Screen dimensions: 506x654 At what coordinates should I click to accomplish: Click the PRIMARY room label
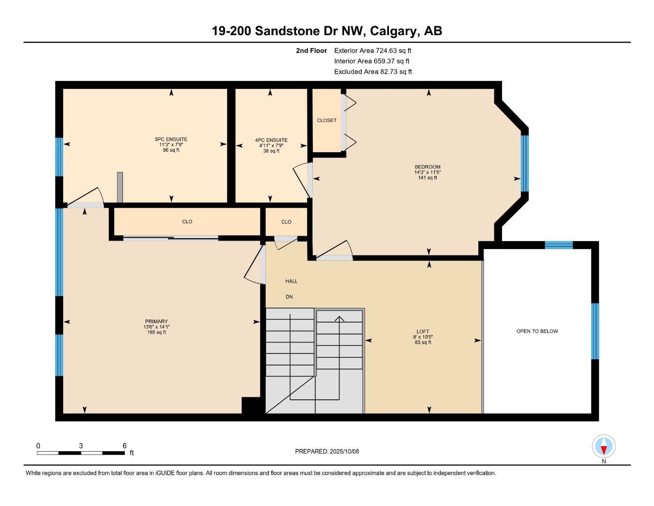(156, 321)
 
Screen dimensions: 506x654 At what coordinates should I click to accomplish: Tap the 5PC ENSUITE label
(171, 139)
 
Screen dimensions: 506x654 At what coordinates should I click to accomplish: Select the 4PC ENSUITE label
(271, 140)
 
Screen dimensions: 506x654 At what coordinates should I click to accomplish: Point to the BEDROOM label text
(427, 167)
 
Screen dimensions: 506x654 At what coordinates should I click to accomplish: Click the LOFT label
(423, 332)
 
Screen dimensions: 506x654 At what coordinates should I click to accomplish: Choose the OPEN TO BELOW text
(537, 331)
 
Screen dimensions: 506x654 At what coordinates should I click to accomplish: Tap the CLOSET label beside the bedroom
(326, 121)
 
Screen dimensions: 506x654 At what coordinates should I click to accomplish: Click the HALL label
(291, 281)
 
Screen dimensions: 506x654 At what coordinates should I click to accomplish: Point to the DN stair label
(289, 297)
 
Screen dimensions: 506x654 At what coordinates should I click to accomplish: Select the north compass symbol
(603, 447)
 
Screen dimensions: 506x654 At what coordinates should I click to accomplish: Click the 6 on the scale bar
(125, 446)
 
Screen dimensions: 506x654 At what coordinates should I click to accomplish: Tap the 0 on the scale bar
(38, 446)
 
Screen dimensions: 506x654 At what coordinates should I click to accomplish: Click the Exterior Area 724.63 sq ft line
(373, 50)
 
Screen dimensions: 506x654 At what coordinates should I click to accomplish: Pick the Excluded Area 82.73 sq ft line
(373, 72)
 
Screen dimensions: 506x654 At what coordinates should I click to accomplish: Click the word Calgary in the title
(393, 31)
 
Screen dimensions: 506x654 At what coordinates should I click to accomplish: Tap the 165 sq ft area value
(156, 333)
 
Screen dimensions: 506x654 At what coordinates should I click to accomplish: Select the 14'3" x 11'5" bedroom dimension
(427, 172)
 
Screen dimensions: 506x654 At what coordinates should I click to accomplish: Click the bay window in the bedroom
(525, 163)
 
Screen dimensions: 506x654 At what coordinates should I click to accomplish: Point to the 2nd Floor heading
(311, 50)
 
